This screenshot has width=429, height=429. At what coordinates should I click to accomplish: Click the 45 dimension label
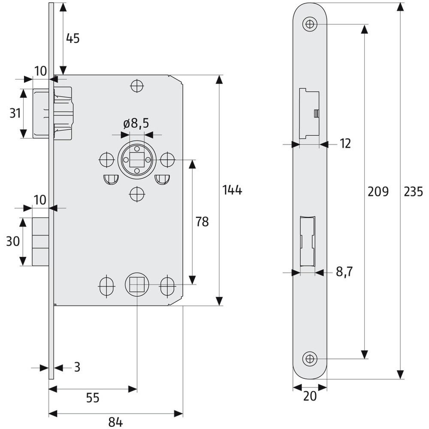(73, 38)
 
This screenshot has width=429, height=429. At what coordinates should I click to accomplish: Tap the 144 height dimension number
(232, 190)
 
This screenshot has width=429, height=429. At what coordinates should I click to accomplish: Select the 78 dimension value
(202, 222)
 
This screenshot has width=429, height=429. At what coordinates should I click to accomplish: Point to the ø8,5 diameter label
(136, 124)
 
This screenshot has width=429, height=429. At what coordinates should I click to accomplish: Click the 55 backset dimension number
(92, 398)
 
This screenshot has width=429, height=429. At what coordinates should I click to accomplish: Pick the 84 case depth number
(115, 423)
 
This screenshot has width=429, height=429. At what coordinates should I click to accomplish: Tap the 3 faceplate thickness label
(77, 367)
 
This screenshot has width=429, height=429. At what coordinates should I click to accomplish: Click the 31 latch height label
(15, 113)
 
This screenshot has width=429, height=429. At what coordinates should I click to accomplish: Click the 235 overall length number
(414, 191)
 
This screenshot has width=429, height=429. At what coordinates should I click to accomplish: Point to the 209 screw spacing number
(378, 191)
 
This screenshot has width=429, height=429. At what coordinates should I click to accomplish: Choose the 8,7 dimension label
(344, 272)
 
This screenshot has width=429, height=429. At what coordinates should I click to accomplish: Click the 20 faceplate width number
(310, 396)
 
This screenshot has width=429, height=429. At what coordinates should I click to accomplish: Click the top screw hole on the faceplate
(310, 24)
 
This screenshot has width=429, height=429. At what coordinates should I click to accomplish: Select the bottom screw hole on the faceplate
(310, 358)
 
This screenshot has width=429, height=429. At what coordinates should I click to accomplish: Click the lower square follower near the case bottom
(137, 284)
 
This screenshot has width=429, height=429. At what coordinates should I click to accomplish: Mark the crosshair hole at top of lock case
(137, 86)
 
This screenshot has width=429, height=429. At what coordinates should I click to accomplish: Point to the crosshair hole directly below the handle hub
(137, 194)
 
